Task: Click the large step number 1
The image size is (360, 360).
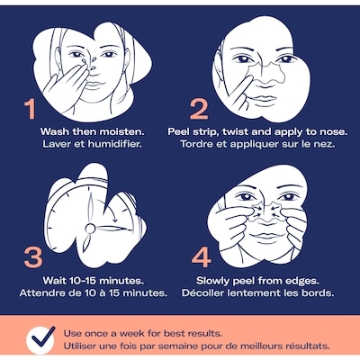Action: [31, 109]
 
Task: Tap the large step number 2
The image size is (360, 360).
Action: [199, 109]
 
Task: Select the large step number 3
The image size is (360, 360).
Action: [32, 257]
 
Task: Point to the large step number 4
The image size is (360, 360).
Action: [201, 257]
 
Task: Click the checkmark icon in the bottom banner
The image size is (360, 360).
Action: [41, 338]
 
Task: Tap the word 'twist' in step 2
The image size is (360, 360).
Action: [236, 132]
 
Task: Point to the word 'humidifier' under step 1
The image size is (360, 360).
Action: [114, 144]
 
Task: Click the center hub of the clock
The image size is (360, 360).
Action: [90, 229]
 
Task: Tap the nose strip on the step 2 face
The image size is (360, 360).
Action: [266, 72]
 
